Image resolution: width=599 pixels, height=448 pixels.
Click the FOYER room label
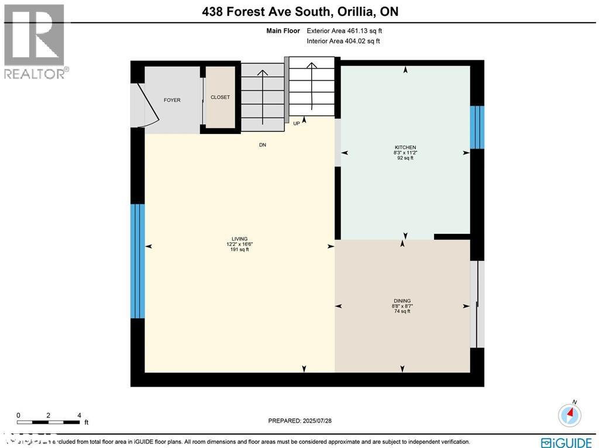172,100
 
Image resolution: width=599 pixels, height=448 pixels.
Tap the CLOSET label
221,97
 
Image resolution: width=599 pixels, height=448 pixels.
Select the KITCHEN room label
405,147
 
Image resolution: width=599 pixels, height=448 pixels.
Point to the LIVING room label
239,239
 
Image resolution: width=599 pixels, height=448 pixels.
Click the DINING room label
402,300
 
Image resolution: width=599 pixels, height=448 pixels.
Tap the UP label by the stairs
297,123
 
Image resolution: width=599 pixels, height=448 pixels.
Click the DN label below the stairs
263,145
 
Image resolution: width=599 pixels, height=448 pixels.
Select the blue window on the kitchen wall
477,127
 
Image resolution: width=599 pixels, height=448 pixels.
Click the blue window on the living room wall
137,261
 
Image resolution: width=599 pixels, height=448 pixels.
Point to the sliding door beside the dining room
477,304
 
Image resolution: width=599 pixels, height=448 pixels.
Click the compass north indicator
569,414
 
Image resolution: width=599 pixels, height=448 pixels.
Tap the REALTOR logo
35,41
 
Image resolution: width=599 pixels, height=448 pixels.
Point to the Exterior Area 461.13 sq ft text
345,31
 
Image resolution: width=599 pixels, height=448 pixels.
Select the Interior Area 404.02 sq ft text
343,41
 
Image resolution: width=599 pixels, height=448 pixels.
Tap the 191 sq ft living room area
239,249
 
